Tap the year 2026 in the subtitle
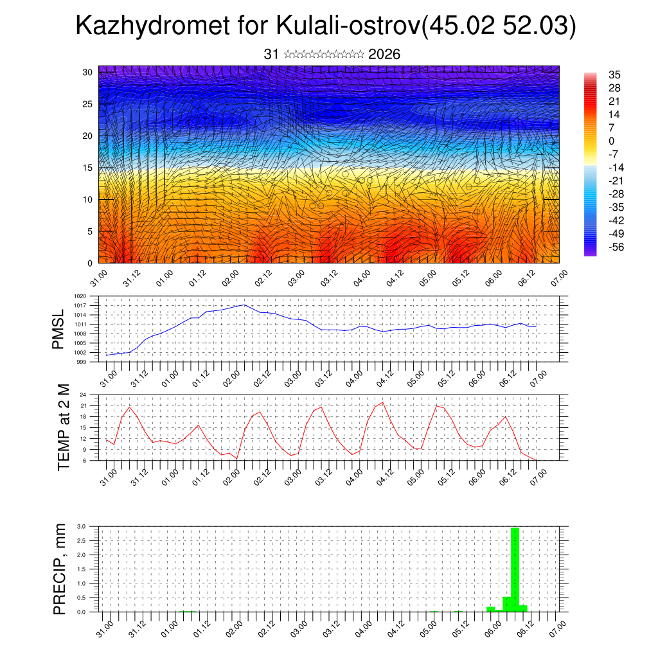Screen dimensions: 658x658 (x=384, y=55)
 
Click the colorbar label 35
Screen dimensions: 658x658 (x=615, y=75)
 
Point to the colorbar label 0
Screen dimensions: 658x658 (x=612, y=141)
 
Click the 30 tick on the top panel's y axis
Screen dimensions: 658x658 (x=87, y=72)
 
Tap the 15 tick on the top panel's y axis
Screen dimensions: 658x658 (x=87, y=168)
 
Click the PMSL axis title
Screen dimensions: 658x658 (x=59, y=329)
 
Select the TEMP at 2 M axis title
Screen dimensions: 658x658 (x=63, y=427)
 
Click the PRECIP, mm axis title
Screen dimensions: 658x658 (x=60, y=569)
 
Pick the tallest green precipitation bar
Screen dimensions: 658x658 (x=515, y=569)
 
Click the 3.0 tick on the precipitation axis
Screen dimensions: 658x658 (x=82, y=526)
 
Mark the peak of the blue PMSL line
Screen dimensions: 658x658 (x=244, y=305)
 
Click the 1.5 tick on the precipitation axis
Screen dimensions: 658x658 (x=82, y=569)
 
